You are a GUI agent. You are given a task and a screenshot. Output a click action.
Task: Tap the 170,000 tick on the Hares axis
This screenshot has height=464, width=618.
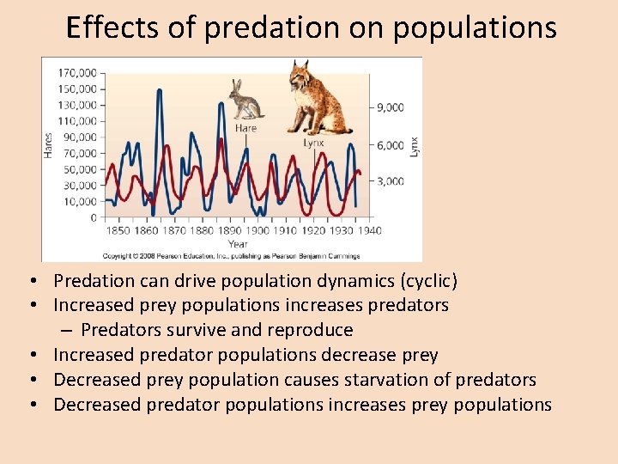point(77,73)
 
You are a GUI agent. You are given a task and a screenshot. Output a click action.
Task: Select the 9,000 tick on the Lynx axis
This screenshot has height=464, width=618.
point(390,107)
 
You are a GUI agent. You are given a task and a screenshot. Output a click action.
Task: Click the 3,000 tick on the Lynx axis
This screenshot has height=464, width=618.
point(390,181)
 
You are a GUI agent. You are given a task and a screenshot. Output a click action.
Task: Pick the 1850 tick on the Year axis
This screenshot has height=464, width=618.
point(118,230)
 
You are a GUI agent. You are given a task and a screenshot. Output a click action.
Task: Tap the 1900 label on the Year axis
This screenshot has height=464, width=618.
point(257,230)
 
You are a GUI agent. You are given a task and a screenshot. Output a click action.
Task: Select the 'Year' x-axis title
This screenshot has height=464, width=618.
point(238,244)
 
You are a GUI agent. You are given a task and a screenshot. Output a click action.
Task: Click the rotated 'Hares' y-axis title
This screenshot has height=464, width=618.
point(49,143)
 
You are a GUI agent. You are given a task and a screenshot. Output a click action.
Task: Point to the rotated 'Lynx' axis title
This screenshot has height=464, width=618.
point(414,145)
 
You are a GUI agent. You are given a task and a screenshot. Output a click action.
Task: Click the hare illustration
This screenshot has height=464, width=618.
point(246,99)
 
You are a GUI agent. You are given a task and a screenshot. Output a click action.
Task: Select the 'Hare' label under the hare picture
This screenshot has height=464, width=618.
point(245,128)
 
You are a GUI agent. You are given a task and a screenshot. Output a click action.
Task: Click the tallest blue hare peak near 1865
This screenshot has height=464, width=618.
point(159,90)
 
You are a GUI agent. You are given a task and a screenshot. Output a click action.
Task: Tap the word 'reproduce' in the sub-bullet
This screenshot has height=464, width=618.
point(312,331)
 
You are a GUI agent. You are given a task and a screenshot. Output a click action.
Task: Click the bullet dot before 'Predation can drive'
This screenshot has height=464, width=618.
point(30,282)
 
